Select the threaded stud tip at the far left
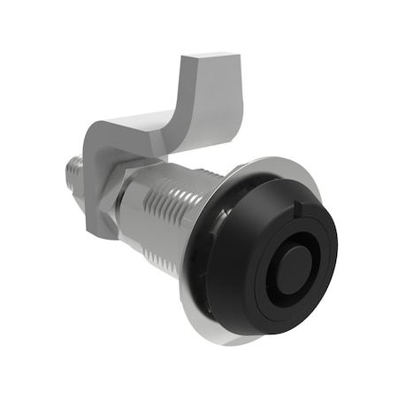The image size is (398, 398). [70, 168]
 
